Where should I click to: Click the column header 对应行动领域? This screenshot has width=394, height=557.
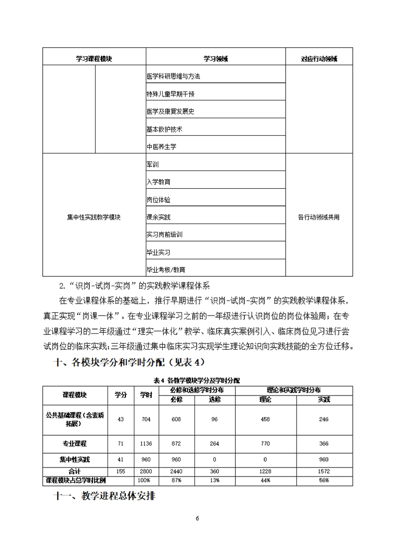(x=319, y=59)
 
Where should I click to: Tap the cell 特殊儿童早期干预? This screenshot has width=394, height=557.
(x=170, y=94)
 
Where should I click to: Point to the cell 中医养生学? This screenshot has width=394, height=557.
(x=161, y=147)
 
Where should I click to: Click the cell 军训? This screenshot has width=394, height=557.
(x=153, y=164)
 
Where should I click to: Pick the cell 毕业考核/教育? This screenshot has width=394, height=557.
(x=166, y=269)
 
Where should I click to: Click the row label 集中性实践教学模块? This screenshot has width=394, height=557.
(x=94, y=217)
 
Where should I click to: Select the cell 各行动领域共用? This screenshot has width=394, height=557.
(x=318, y=217)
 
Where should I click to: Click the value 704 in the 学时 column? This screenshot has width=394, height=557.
(x=146, y=419)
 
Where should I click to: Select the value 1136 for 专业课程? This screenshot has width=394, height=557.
(x=146, y=444)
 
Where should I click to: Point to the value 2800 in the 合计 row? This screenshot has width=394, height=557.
(x=146, y=471)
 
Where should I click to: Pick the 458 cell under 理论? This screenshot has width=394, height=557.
(x=265, y=419)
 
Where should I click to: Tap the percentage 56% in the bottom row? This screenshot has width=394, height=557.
(x=324, y=480)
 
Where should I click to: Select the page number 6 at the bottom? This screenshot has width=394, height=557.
(x=197, y=518)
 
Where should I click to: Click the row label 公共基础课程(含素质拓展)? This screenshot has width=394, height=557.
(x=75, y=419)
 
